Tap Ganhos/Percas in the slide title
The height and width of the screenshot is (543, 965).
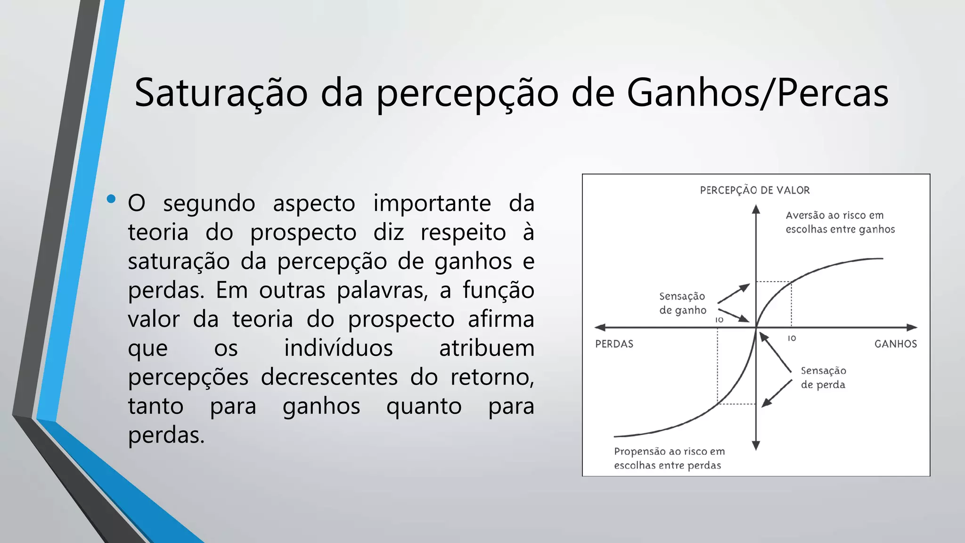point(757,93)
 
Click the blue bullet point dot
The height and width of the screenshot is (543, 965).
point(111,199)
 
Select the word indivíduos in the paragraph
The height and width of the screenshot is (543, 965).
point(338,348)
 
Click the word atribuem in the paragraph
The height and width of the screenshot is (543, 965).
point(486,348)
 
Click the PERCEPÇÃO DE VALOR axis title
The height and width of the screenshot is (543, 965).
point(754,190)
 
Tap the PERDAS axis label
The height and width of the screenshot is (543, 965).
point(614,344)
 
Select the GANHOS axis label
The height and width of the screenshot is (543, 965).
point(895,344)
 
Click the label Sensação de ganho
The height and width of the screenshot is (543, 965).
point(682,303)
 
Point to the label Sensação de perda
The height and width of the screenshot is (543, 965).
point(823,378)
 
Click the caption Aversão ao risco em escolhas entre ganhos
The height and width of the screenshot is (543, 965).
point(840,222)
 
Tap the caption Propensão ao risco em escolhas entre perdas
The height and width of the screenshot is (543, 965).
point(669,458)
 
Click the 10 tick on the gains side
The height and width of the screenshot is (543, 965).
point(792,338)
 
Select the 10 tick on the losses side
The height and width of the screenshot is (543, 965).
point(719,320)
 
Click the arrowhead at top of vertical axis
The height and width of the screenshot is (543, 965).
point(756,209)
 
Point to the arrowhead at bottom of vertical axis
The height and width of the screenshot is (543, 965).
point(756,445)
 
